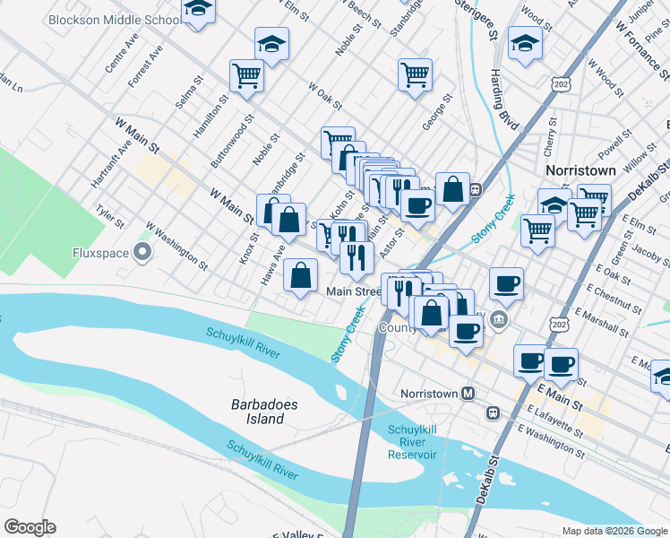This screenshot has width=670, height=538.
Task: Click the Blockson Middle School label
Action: coord(114,19)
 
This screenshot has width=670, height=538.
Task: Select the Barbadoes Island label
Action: coord(264,412)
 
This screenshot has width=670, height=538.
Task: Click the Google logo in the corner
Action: coord(30,527)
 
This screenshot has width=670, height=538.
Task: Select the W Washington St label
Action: coord(176,247)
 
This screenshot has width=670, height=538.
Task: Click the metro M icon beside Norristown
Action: coord(468,394)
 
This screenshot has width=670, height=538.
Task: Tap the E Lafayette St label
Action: coord(555,420)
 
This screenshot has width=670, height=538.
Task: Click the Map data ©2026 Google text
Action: coord(614,530)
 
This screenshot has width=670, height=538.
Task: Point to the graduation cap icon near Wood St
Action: coord(524,42)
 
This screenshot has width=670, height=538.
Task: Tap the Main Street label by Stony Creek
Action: coord(354,291)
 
